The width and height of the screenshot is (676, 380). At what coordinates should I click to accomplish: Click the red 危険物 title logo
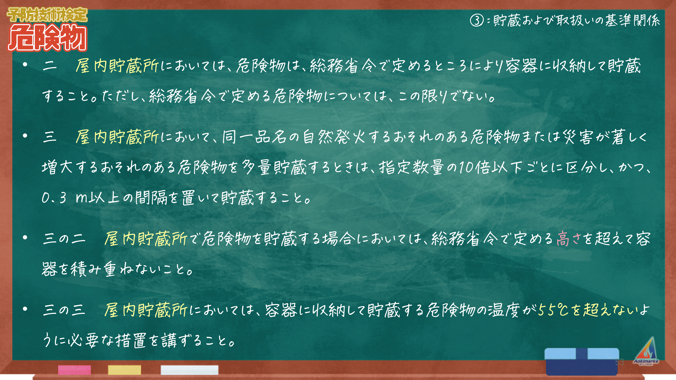pyautogui.click(x=47, y=37)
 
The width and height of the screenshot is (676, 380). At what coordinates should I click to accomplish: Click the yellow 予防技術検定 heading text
pyautogui.click(x=47, y=15)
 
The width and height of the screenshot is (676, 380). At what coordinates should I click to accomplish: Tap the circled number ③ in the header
pyautogui.click(x=477, y=20)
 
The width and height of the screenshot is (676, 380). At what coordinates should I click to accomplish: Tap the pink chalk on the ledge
pyautogui.click(x=75, y=370)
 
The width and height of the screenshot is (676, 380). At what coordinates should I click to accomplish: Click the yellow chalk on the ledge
pyautogui.click(x=124, y=370)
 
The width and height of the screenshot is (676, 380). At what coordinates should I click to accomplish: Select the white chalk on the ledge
pyautogui.click(x=189, y=370)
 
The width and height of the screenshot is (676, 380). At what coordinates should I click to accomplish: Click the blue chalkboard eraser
pyautogui.click(x=582, y=361)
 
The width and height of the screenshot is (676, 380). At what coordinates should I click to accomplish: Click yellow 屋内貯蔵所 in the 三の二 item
pyautogui.click(x=146, y=239)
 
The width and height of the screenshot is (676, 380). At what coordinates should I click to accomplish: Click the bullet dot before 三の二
pyautogui.click(x=25, y=238)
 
